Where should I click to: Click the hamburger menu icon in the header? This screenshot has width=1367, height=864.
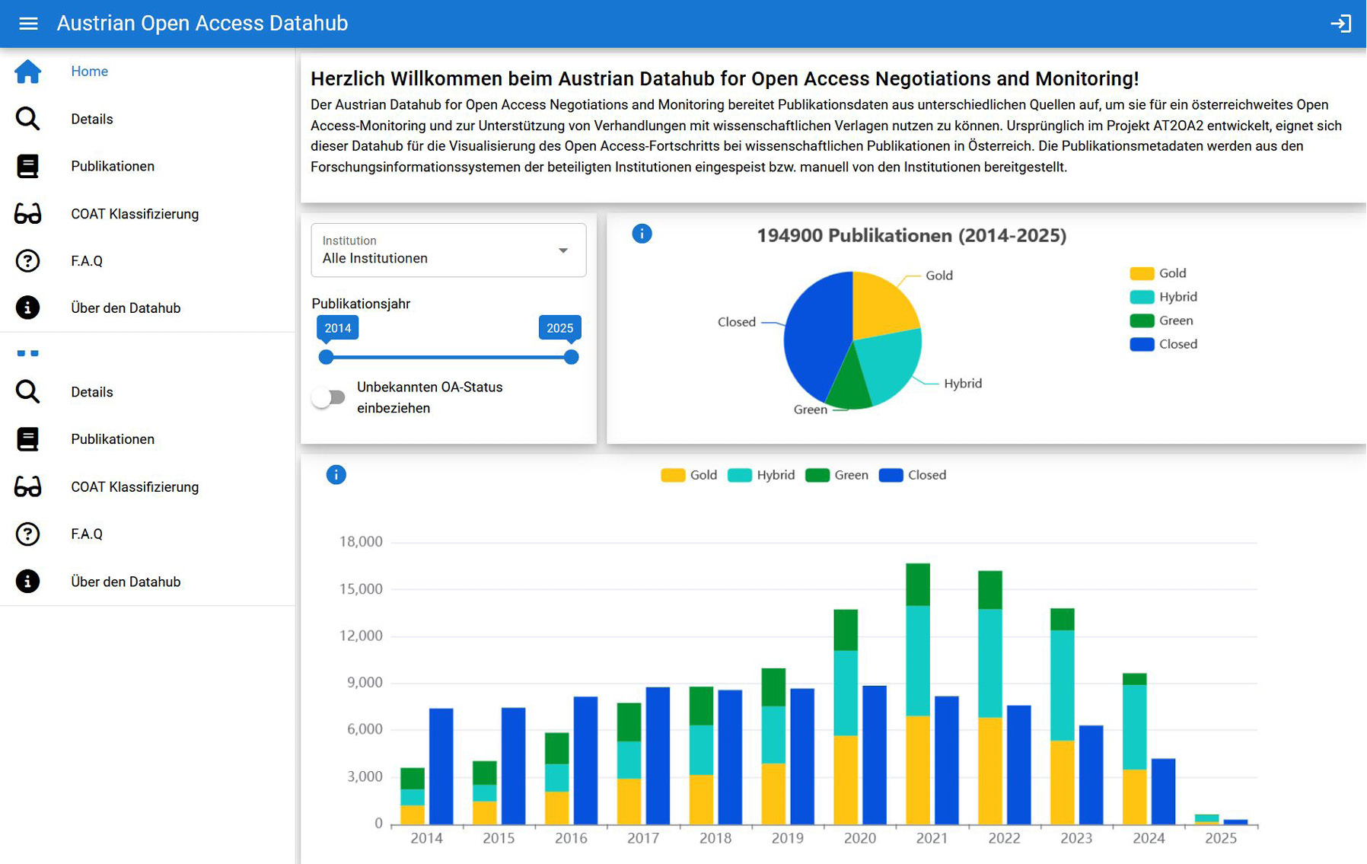coord(28,24)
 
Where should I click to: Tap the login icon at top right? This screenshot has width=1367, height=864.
coord(1340,24)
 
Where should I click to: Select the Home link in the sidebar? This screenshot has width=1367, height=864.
coord(89,72)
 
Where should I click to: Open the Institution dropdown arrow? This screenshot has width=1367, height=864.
coord(563,250)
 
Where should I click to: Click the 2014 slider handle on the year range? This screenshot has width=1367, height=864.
coord(327,357)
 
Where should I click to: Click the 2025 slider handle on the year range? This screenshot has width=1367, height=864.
coord(571,357)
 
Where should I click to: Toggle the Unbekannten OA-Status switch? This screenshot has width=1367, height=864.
coord(329,397)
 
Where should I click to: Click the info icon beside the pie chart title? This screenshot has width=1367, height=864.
coord(642,234)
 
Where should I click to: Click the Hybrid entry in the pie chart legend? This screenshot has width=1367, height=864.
coord(1164,297)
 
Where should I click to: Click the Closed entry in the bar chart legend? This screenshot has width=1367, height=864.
coord(913,475)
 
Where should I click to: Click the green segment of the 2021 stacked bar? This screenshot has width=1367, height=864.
coord(918,584)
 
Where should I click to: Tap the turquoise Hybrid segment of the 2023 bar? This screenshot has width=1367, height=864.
coord(1062,685)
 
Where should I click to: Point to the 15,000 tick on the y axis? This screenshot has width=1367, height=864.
coord(361,589)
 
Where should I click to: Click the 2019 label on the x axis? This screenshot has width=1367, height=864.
coord(787,838)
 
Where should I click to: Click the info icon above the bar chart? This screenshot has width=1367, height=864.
coord(336,475)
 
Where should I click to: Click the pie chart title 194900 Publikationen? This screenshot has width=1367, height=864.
coord(910,235)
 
